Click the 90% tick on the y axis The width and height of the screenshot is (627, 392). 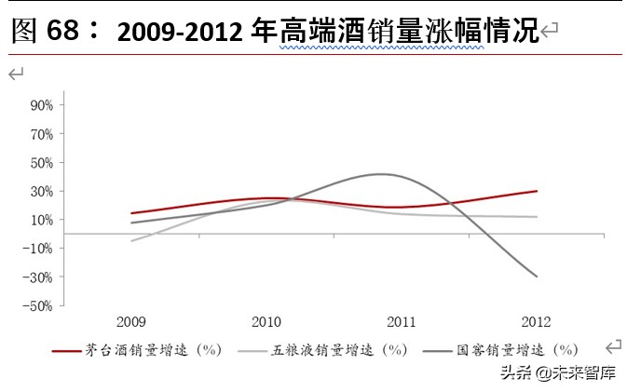[x=41, y=105]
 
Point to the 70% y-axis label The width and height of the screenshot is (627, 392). [x=41, y=134]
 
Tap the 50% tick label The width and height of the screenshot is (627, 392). [x=41, y=163]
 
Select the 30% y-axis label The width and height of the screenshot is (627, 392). [x=41, y=191]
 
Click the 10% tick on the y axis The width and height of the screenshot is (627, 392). [x=41, y=220]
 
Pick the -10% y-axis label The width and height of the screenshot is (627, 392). [x=39, y=249]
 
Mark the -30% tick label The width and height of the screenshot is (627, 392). [x=39, y=277]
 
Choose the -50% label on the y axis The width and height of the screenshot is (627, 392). [x=39, y=305]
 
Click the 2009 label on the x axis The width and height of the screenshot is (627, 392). [x=130, y=322]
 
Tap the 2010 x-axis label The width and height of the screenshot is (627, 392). [x=266, y=322]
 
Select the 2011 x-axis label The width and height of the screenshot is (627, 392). [x=402, y=322]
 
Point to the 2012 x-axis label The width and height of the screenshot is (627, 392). [x=537, y=322]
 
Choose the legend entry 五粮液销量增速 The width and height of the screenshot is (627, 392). [x=339, y=350]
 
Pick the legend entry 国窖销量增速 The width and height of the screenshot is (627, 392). [x=512, y=350]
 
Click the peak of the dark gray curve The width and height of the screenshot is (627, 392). [x=382, y=174]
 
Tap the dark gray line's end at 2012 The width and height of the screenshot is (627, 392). [x=537, y=277]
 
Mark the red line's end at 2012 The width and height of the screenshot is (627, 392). [x=537, y=191]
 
